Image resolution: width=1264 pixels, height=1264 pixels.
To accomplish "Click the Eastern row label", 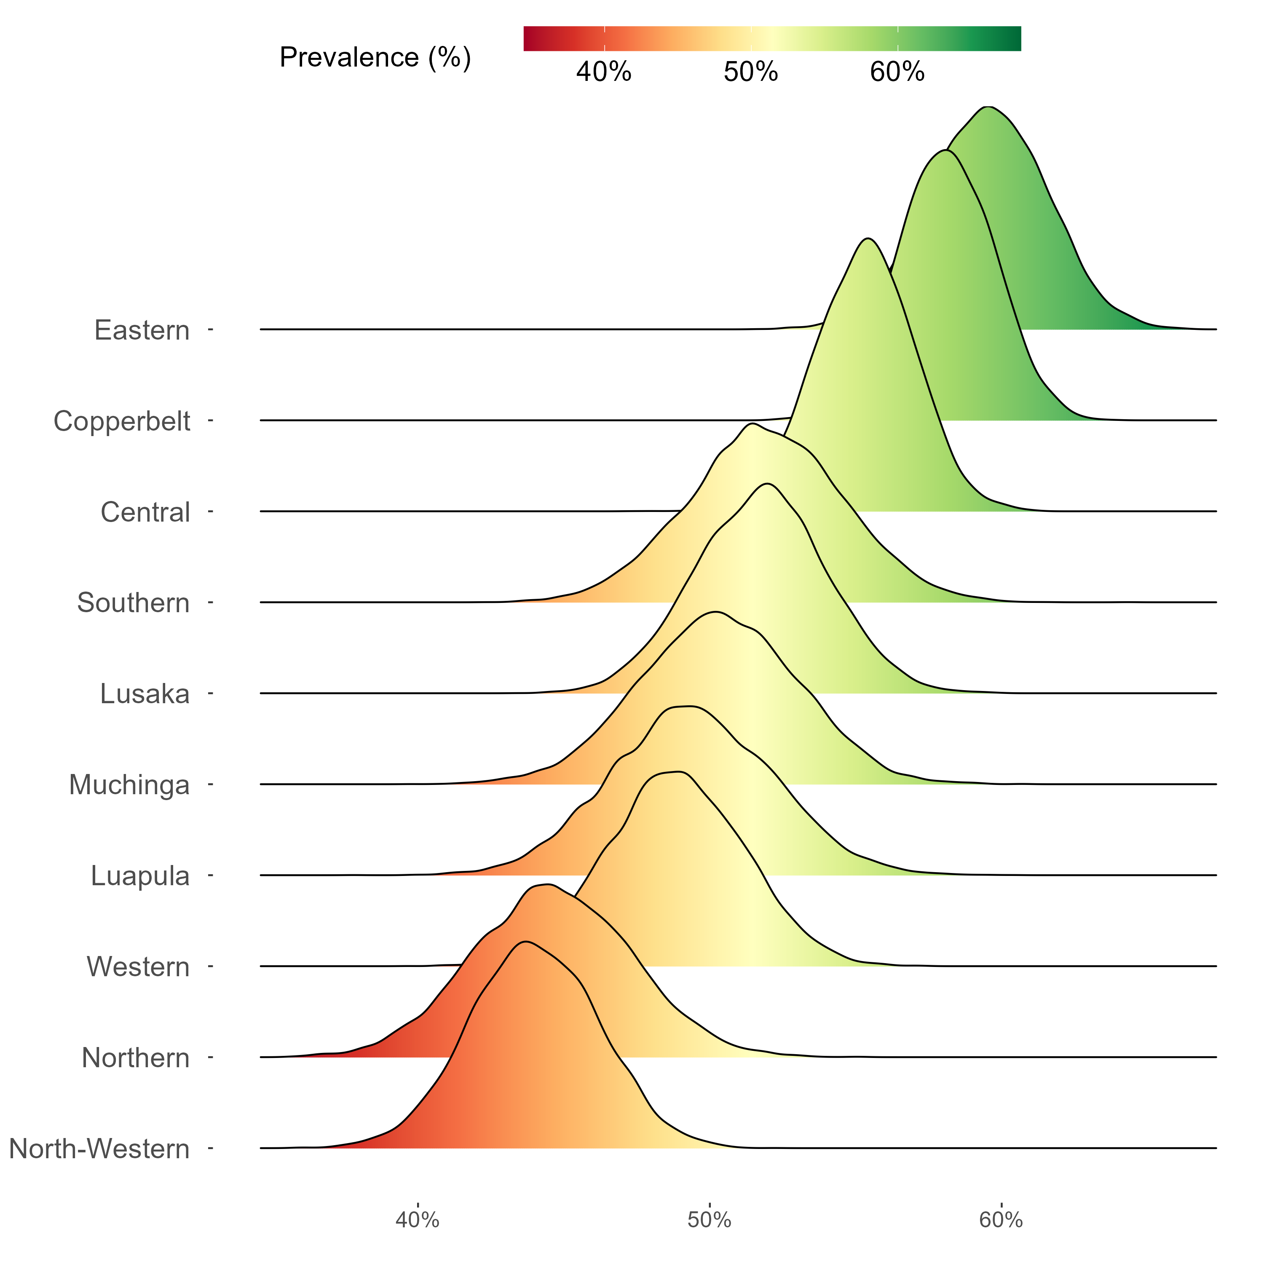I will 142,330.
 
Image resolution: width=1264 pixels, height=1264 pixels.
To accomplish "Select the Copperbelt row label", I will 122,421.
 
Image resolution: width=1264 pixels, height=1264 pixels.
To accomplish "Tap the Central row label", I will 145,512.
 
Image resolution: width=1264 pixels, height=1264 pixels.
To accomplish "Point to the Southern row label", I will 134,603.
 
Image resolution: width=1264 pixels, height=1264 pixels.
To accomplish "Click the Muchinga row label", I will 129,785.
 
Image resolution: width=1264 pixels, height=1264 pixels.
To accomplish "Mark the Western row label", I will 138,966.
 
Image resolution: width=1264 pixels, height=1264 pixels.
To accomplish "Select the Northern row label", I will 135,1057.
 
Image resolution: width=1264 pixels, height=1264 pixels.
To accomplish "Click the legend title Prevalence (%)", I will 375,58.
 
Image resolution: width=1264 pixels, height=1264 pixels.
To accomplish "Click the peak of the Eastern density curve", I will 989,107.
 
